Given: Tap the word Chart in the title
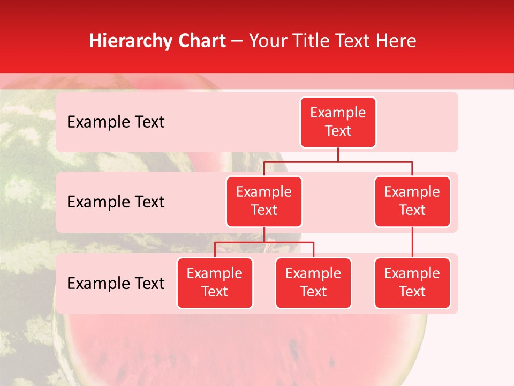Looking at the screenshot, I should (x=201, y=41).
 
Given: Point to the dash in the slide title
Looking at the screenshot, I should (x=237, y=41).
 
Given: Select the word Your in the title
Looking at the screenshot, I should (x=267, y=41).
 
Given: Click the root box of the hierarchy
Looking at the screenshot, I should (x=338, y=122).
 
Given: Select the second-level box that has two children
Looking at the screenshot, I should (x=264, y=202).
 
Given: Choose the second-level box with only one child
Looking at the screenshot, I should (x=412, y=202).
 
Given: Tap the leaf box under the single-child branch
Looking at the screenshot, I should (x=412, y=283).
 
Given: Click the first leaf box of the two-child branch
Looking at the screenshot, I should (x=215, y=283).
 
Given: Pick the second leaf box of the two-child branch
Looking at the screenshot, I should (x=313, y=283).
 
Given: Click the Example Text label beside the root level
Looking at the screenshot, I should (x=116, y=122).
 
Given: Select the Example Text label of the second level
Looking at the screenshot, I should (x=116, y=202).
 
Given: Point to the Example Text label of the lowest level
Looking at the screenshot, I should (x=116, y=284).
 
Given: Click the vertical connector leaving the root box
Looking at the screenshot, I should (x=338, y=154).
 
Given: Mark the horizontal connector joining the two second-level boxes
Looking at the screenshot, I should (x=338, y=161).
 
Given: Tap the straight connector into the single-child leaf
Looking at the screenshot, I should (x=412, y=242).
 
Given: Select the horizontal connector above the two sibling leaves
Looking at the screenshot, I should (x=264, y=243).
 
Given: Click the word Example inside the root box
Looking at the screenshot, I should (x=338, y=113).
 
